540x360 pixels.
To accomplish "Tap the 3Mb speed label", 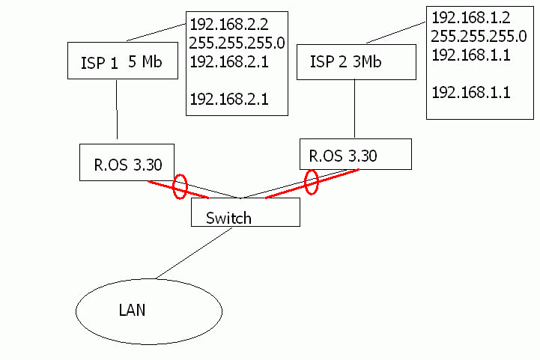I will point(366,62).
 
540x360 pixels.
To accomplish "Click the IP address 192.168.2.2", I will point(228,23).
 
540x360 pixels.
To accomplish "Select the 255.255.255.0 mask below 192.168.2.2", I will point(237,43).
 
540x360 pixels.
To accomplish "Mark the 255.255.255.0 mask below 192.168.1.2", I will point(479,37).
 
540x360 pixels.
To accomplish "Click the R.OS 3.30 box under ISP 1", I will point(127,162).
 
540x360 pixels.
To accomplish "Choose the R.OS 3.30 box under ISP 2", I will point(356,153).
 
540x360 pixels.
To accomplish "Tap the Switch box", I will point(246,213).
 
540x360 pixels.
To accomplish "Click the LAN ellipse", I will point(149,311).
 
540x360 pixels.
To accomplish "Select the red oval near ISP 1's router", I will point(180,186).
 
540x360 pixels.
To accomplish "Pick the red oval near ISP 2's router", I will point(312,181).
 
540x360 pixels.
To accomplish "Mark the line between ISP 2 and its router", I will point(353,108).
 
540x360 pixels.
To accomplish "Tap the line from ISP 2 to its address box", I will point(395,31).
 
